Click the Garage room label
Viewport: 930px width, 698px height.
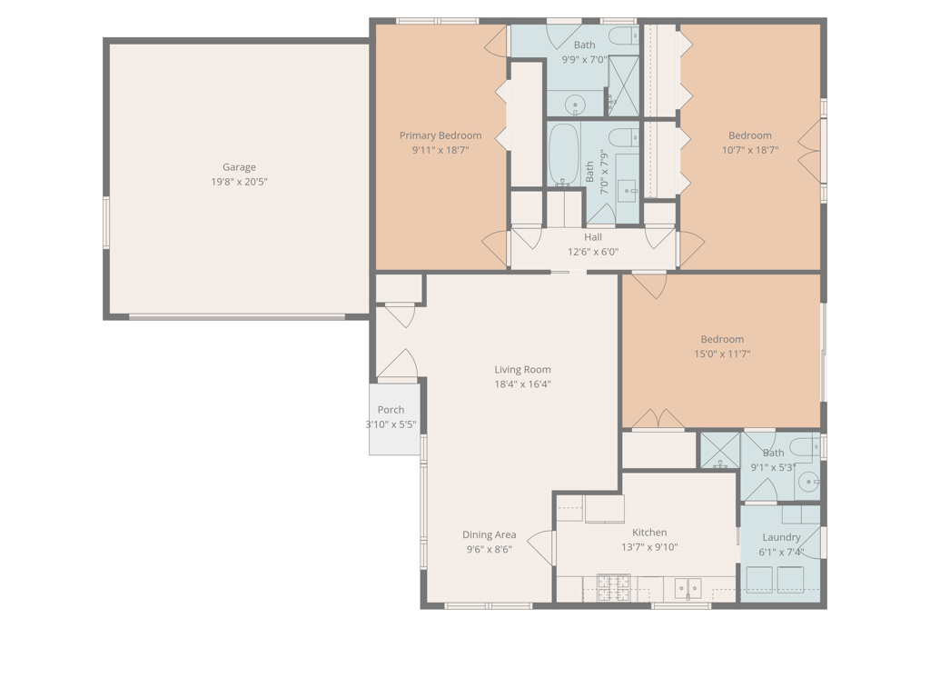click(239, 167)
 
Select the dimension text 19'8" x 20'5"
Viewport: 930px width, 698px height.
click(239, 182)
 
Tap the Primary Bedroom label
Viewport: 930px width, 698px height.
click(440, 135)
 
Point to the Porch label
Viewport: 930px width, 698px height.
click(391, 410)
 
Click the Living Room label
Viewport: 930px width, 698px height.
click(522, 370)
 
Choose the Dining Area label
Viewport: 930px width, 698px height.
click(490, 534)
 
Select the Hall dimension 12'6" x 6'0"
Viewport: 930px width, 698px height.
click(593, 252)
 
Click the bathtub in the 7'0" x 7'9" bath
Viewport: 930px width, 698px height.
click(563, 155)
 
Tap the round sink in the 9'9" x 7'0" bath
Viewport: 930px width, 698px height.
click(575, 105)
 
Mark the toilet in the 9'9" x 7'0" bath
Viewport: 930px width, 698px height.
click(623, 37)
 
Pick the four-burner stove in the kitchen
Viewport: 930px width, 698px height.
click(612, 588)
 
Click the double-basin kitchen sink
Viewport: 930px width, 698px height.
click(688, 588)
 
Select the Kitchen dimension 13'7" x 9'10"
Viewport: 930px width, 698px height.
click(649, 547)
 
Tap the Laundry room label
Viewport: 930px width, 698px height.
click(781, 537)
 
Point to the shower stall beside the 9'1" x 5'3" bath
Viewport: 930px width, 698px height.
click(719, 452)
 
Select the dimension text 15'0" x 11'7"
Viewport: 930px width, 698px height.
click(722, 354)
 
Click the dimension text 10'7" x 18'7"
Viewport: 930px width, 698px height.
click(750, 150)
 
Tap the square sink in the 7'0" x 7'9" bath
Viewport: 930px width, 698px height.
click(627, 189)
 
